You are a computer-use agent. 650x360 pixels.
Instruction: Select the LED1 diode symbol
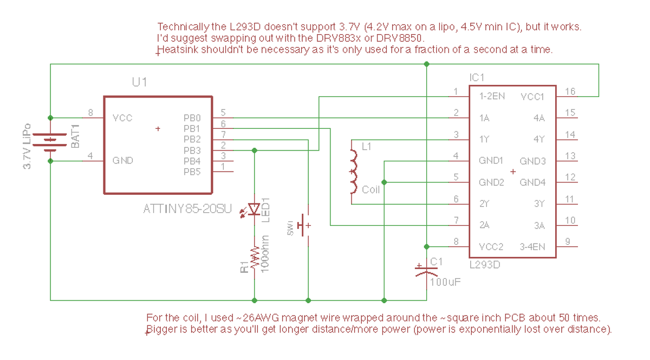click(x=254, y=209)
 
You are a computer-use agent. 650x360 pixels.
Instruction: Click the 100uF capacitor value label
click(x=445, y=282)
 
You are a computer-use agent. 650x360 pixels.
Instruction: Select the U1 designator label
click(x=139, y=82)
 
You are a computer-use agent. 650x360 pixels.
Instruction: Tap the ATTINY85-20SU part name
click(x=187, y=208)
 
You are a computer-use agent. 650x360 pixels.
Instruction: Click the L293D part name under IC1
click(x=485, y=265)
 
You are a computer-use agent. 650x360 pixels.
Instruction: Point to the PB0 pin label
click(x=192, y=117)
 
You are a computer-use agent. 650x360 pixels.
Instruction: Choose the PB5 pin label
click(x=192, y=172)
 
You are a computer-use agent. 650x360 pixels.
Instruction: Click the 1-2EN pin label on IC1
click(x=492, y=96)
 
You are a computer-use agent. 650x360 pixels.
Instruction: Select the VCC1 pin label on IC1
click(x=532, y=96)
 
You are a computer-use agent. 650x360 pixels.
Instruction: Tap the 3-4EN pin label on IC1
click(x=532, y=247)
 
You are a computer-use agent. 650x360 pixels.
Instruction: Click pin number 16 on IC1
click(x=570, y=91)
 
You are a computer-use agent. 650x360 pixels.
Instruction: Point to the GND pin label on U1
click(x=123, y=160)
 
